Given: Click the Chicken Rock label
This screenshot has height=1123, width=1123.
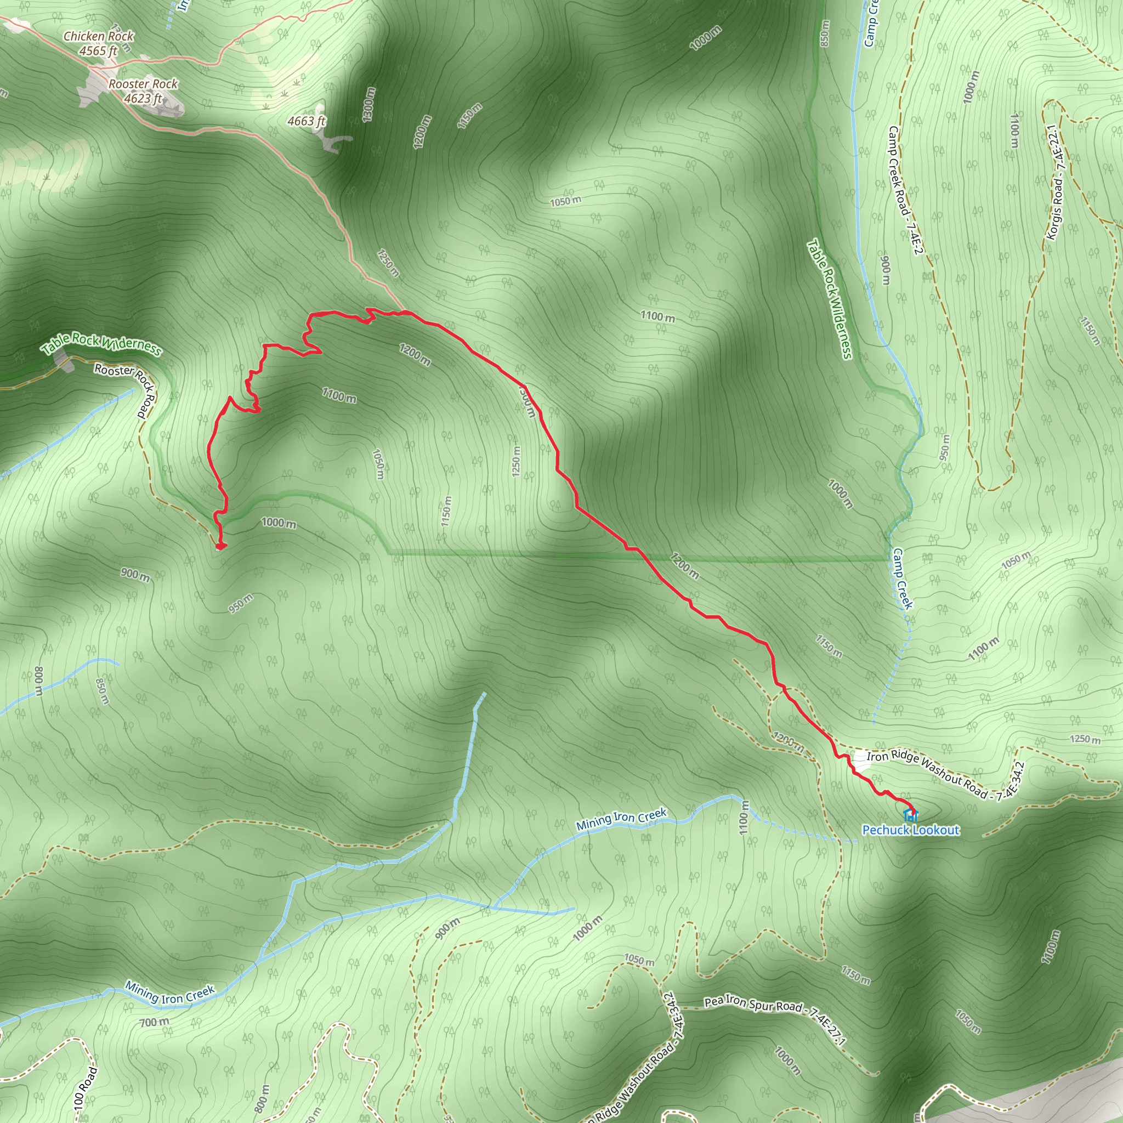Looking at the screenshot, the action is [x=99, y=36].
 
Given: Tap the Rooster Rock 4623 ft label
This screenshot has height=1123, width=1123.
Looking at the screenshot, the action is [x=143, y=90].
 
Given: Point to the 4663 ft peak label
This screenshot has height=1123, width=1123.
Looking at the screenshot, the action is [x=307, y=121].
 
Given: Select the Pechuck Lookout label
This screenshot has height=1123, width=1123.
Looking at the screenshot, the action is [x=910, y=830].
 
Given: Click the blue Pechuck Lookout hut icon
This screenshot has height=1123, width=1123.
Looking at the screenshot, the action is [x=909, y=814].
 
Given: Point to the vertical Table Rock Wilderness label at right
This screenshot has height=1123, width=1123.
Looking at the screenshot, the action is [x=830, y=299].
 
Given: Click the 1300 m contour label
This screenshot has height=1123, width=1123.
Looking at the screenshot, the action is [x=369, y=105].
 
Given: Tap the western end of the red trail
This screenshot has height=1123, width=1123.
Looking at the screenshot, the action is [x=220, y=546].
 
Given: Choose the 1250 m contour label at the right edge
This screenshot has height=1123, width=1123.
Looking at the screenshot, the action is [x=1085, y=740].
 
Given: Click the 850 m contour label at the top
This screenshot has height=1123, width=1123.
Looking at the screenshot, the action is [x=825, y=33].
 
